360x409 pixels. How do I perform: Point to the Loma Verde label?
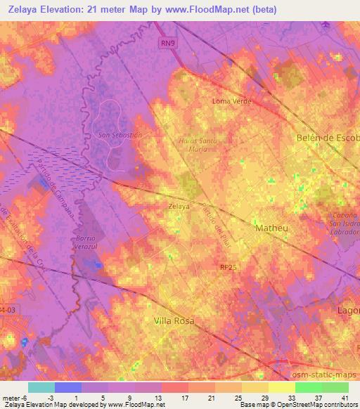(231, 101)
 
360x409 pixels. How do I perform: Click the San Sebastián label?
(120, 134)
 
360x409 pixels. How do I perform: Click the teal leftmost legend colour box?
(41, 387)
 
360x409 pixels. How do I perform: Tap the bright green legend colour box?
(308, 387)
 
